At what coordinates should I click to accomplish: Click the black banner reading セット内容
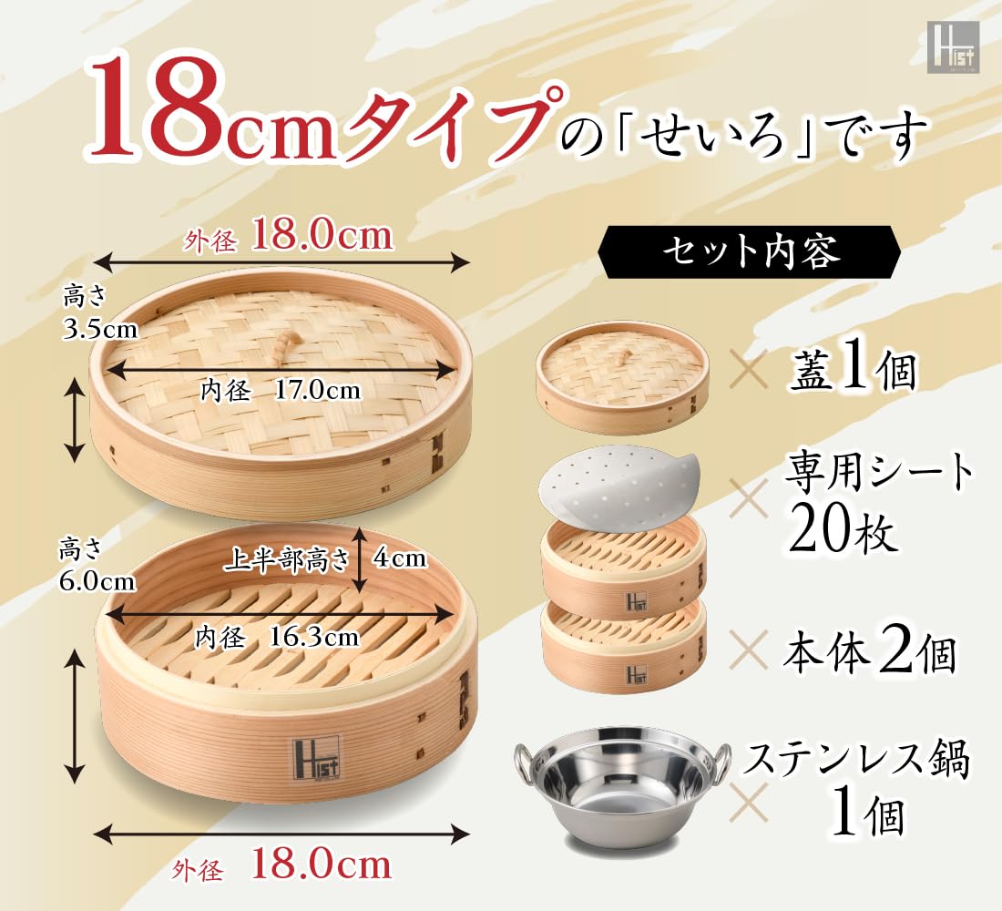pos(748,253)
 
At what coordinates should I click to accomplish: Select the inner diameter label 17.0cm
pos(317,390)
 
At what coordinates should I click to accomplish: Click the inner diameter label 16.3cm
pos(313,636)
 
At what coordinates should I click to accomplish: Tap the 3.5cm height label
pos(100,329)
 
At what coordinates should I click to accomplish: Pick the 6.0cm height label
pos(97,582)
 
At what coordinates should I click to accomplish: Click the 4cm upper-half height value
pos(400,558)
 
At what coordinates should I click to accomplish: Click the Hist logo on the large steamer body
pos(317,758)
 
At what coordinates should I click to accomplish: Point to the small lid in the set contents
pos(622,370)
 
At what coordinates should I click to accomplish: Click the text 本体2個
pos(870,653)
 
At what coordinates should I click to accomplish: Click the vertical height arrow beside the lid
pos(75,420)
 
